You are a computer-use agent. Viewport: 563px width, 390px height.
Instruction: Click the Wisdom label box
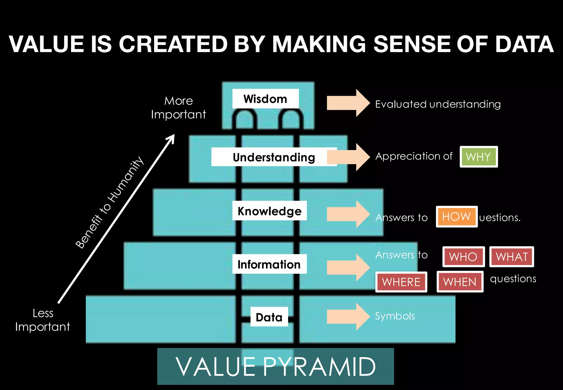(265, 99)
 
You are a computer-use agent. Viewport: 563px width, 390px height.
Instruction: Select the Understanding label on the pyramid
(274, 157)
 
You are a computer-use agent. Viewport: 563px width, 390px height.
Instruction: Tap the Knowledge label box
(269, 211)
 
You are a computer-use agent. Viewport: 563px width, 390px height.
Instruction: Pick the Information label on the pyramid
(269, 264)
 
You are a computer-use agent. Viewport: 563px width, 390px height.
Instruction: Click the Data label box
(269, 317)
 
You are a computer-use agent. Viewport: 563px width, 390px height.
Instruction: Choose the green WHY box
(479, 157)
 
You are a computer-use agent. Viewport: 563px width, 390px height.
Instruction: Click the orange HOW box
(457, 217)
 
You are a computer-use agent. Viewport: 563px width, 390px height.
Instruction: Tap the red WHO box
(463, 257)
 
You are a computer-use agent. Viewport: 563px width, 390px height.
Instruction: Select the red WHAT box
(512, 257)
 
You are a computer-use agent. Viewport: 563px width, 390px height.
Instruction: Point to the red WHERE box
(401, 282)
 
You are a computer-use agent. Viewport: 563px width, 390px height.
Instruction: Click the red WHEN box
(460, 282)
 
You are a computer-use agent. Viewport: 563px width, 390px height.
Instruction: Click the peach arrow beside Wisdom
(348, 103)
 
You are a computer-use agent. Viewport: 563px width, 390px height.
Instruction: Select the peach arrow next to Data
(348, 317)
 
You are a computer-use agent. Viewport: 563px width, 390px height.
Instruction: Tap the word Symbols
(395, 316)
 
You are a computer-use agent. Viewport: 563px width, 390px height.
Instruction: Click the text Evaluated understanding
(438, 104)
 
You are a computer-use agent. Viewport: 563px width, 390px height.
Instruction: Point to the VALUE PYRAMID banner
(275, 366)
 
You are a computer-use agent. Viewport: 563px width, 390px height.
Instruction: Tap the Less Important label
(43, 320)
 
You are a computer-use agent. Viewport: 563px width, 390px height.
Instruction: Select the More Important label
(178, 108)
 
